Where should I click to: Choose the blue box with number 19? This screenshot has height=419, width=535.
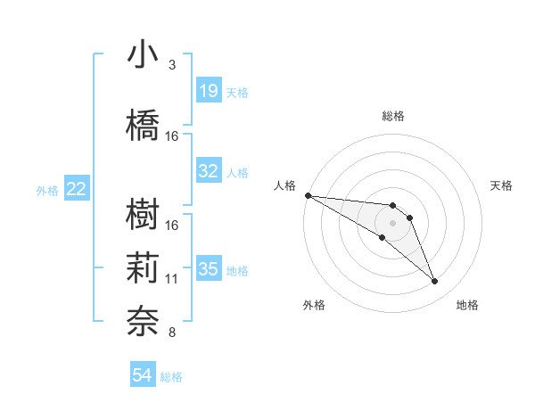209,91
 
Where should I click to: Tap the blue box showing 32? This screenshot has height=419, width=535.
209,171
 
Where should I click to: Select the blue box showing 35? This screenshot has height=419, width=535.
209,269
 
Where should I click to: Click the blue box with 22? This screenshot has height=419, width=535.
77,189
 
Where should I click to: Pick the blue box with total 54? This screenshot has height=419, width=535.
142,376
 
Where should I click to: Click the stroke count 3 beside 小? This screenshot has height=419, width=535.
172,65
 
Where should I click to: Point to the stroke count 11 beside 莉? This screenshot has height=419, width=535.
172,279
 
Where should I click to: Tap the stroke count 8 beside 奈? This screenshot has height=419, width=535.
172,333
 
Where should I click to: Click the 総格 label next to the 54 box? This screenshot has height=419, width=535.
171,377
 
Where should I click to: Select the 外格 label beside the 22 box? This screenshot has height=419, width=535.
47,190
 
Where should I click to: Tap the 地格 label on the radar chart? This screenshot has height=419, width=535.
467,305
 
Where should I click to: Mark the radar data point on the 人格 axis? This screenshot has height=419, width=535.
308,194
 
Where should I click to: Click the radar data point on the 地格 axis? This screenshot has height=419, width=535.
434,282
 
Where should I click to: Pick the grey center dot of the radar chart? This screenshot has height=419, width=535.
392,223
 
